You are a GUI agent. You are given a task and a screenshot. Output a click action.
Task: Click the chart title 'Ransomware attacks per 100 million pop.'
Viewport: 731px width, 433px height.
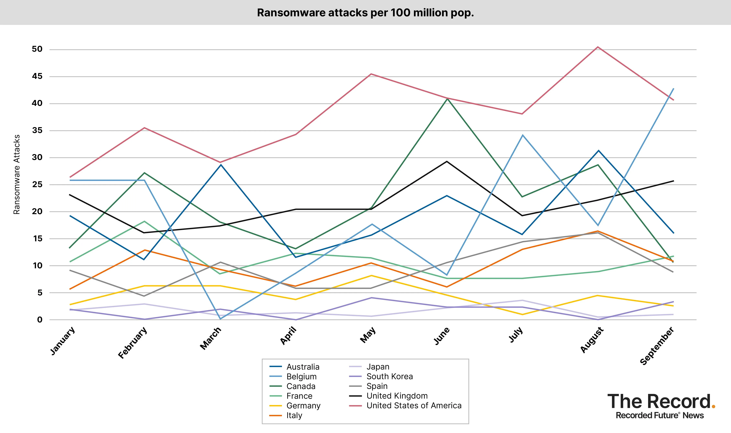[x=365, y=13]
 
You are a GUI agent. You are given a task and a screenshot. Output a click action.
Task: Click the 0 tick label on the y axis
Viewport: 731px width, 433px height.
[x=40, y=320]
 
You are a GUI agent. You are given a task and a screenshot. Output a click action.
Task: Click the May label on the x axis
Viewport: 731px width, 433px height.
[x=368, y=335]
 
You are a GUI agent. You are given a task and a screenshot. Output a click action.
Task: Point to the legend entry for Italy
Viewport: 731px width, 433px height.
[x=294, y=415]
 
